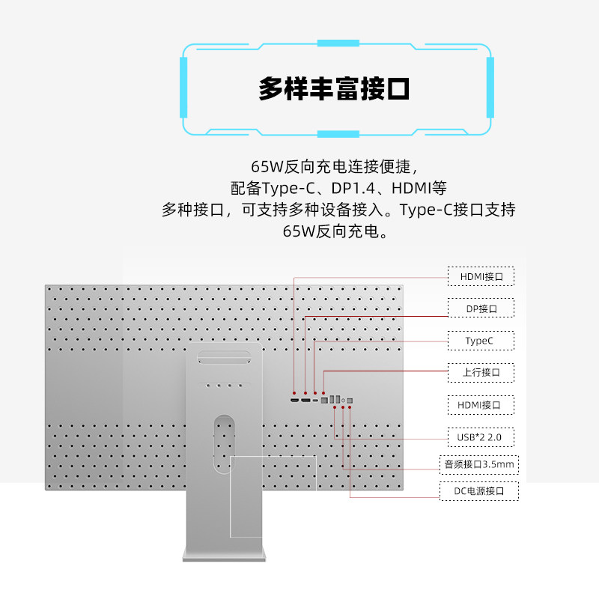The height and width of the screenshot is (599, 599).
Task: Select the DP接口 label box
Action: tap(481, 308)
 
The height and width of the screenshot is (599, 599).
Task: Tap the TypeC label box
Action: tap(481, 341)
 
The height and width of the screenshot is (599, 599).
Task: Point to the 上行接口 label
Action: tap(481, 372)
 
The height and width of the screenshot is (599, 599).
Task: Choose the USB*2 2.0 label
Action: tap(481, 437)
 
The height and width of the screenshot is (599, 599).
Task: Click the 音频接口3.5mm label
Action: tap(479, 464)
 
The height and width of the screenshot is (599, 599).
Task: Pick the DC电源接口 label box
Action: tap(479, 491)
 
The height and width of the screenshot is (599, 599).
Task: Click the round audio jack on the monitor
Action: tap(343, 401)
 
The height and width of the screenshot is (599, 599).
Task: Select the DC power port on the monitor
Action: tap(350, 401)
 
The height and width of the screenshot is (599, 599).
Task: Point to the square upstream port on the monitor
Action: tap(324, 401)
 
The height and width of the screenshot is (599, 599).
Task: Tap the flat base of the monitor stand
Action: tap(224, 555)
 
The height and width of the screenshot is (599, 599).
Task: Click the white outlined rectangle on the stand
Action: tap(273, 496)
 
